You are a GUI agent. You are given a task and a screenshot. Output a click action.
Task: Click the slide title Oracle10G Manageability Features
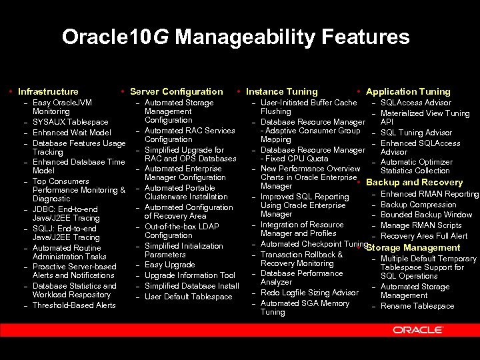(235, 37)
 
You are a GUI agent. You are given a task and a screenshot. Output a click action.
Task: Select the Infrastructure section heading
(48, 91)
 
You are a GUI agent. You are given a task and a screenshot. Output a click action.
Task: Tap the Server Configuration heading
(176, 91)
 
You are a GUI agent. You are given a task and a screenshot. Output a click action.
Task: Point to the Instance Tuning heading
(281, 91)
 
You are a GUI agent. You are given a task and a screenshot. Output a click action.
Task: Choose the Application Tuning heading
(408, 91)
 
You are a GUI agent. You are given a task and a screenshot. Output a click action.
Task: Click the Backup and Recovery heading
(414, 182)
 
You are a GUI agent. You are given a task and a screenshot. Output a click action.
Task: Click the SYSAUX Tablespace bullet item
(70, 122)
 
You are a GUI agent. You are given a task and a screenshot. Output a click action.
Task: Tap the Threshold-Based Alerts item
(74, 305)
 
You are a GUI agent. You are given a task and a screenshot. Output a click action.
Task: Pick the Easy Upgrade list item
(169, 265)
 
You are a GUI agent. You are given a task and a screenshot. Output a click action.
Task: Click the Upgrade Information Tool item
(189, 275)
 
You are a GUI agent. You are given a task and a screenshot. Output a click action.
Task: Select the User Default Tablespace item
(188, 297)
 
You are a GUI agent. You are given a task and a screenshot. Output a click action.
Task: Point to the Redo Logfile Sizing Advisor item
(309, 293)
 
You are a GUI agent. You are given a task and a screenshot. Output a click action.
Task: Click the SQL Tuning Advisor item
(416, 133)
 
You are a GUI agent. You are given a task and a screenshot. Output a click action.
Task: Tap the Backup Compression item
(418, 205)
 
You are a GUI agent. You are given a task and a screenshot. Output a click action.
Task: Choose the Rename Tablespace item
(417, 306)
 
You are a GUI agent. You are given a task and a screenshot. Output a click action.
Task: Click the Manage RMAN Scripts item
(421, 225)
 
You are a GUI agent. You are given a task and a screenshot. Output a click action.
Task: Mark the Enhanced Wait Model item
(71, 133)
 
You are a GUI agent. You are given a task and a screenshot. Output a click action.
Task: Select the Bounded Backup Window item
(426, 215)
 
